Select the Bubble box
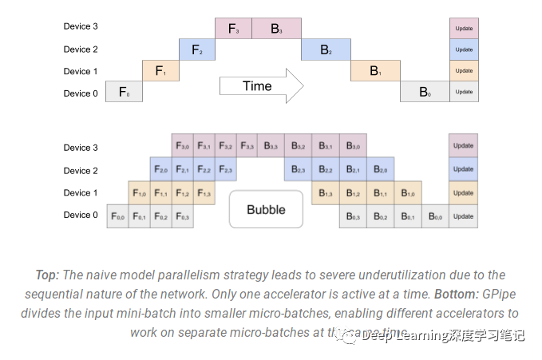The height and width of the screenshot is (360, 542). point(266,210)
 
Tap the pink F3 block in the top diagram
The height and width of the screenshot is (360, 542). point(233,29)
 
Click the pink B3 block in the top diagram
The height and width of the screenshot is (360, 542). point(276,29)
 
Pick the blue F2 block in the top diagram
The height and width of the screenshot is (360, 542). point(197,50)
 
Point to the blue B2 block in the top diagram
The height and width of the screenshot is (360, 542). point(326,50)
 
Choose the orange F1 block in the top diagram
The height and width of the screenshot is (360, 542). point(160,71)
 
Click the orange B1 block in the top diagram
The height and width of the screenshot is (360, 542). point(374,71)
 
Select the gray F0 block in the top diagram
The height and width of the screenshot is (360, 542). point(124,93)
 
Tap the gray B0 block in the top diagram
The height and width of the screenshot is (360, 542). point(424,93)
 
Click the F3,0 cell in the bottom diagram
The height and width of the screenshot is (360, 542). point(183,147)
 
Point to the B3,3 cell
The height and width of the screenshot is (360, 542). point(271,147)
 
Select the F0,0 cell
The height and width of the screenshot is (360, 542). point(118,216)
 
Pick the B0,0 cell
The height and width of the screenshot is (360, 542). point(435,216)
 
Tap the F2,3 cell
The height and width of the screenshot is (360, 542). point(226,170)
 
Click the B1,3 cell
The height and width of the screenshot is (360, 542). point(325,193)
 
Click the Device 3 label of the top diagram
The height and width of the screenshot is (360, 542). point(81,27)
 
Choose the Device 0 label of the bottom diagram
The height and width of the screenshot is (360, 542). point(81,216)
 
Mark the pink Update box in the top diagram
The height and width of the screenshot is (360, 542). point(463,29)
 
